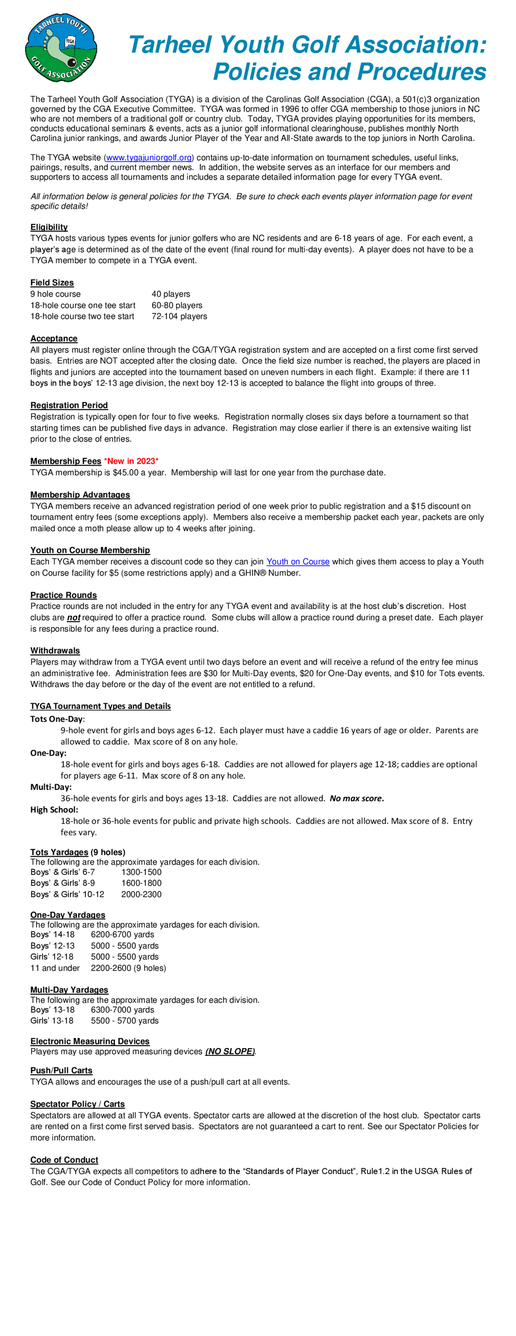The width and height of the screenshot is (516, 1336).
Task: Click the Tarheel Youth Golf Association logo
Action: (x=61, y=48)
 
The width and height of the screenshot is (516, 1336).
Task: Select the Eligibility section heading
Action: (x=49, y=227)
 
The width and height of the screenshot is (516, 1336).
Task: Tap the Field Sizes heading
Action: (x=52, y=283)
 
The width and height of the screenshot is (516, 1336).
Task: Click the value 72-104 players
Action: (x=179, y=316)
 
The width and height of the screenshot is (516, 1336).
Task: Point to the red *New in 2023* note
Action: (x=131, y=461)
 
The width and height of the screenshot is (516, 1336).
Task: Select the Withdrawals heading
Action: (x=55, y=650)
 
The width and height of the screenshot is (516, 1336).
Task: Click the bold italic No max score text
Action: (x=357, y=798)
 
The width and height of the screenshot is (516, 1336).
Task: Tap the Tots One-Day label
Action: (x=57, y=719)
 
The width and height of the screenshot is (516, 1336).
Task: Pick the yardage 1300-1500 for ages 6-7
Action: (x=141, y=872)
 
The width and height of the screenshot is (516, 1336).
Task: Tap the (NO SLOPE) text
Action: (x=230, y=1051)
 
